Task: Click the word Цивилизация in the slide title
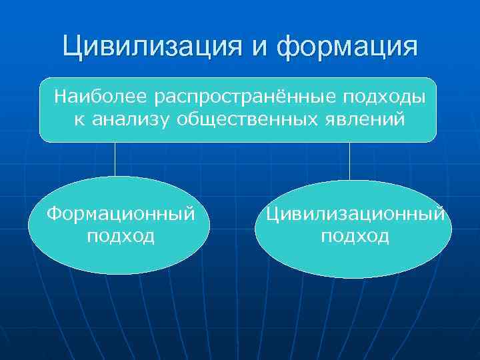pos(156,47)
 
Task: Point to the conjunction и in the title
pos(262,48)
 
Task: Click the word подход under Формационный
pos(121,236)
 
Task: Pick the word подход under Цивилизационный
pos(355,236)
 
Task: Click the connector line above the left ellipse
pos(115,159)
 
